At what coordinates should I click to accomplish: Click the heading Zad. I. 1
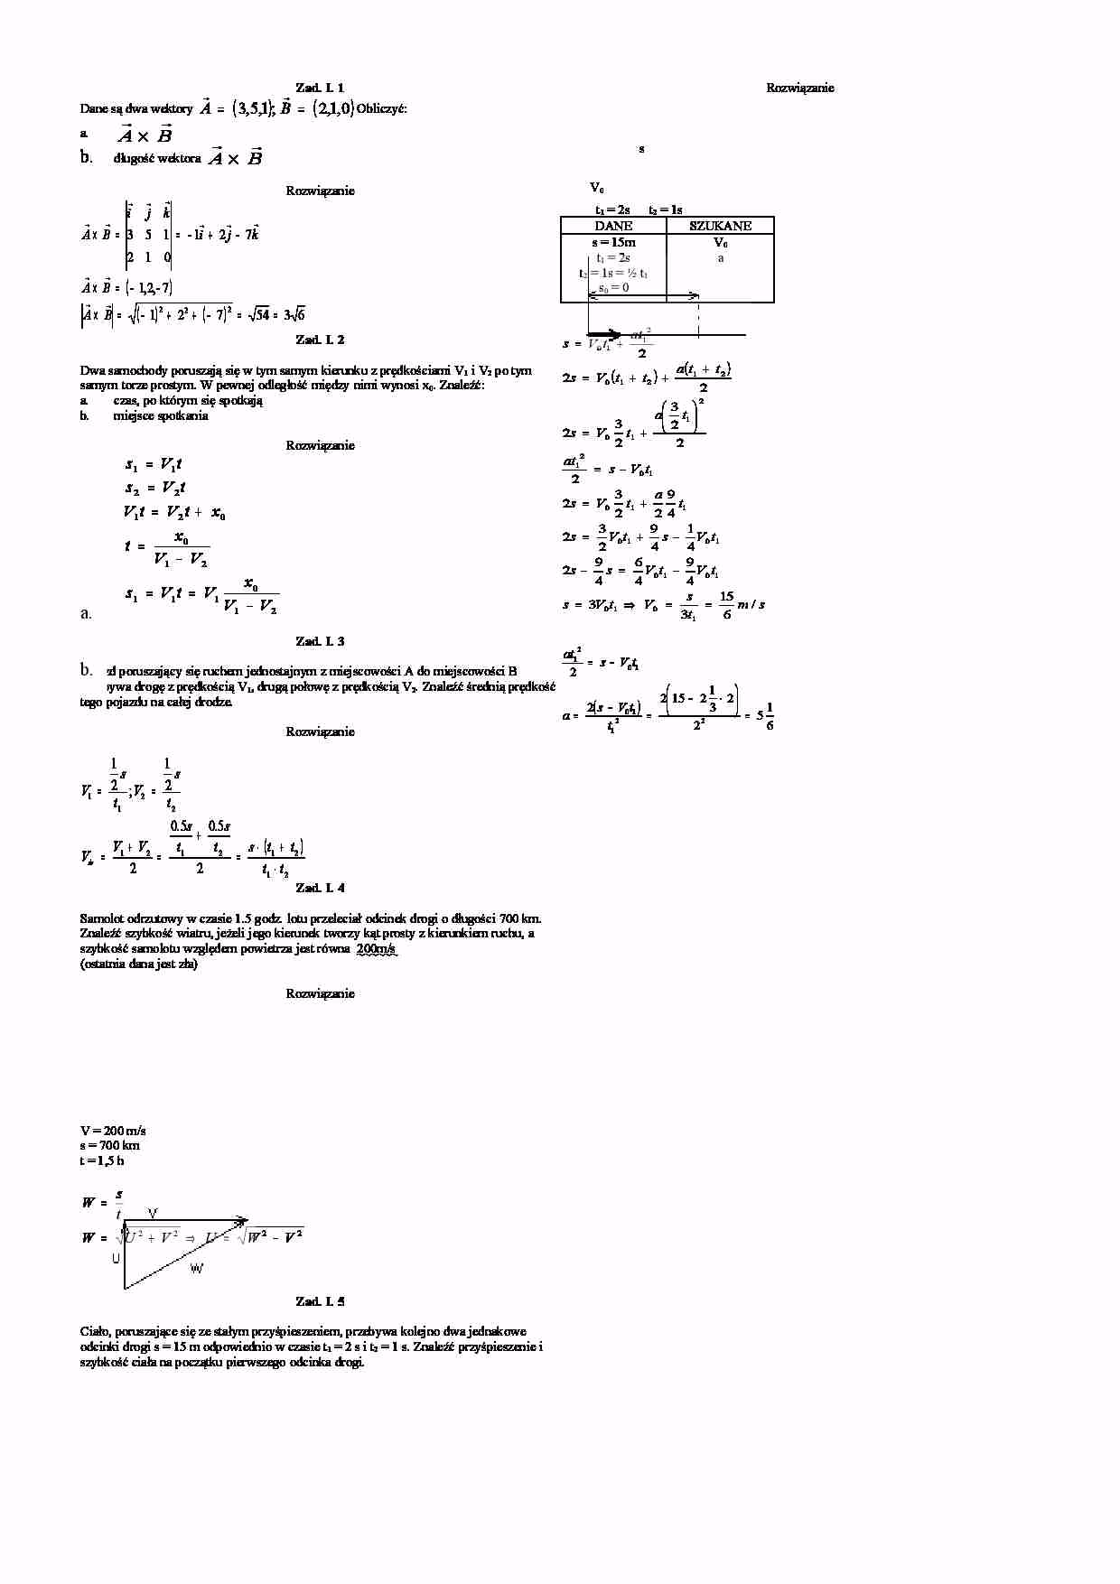(320, 88)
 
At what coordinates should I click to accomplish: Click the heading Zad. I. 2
(320, 340)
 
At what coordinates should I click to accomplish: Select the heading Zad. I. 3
(320, 641)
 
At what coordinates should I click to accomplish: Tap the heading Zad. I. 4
(320, 888)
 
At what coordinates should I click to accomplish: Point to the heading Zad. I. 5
(320, 1301)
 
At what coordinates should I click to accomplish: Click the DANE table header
(613, 226)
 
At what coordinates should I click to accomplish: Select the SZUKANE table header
(720, 226)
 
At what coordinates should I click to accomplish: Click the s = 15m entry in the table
(613, 242)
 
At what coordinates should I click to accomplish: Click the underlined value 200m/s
(377, 949)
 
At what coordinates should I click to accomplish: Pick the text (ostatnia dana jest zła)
(138, 964)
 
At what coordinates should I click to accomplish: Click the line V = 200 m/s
(113, 1131)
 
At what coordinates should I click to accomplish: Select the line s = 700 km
(109, 1146)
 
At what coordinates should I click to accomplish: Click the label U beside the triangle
(116, 1258)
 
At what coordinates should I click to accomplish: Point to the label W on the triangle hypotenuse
(197, 1269)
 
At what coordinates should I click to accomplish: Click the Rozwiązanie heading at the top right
(799, 88)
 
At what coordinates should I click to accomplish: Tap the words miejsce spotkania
(161, 416)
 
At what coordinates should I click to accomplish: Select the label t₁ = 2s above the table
(612, 210)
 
